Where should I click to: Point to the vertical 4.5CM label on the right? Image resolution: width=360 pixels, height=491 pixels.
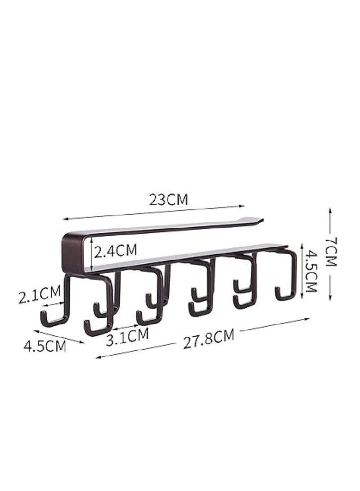[x=309, y=272]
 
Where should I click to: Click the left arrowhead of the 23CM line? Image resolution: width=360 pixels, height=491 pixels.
[x=64, y=220]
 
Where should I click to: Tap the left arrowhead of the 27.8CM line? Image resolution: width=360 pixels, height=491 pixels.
[x=98, y=358]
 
